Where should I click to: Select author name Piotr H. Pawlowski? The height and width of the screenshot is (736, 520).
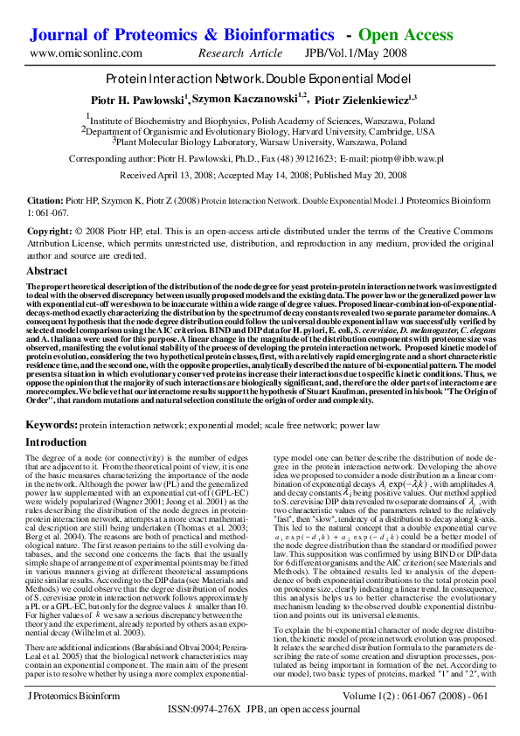[x=139, y=100]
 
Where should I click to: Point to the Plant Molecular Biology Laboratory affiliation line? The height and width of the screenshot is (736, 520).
[x=260, y=141]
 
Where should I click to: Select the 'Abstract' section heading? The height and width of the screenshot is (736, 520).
[x=47, y=272]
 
